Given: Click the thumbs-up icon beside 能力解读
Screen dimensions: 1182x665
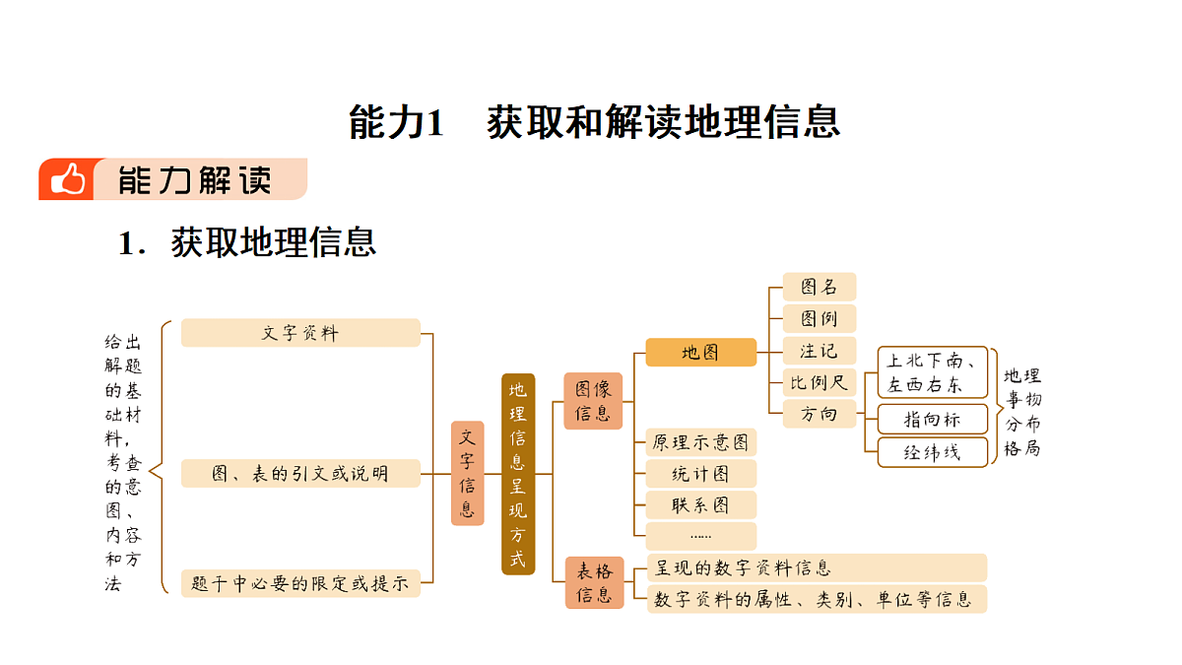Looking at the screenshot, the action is [x=68, y=179].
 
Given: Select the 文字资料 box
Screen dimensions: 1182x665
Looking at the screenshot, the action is [x=300, y=333].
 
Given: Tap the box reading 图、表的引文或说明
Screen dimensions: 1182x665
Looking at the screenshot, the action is [x=300, y=474].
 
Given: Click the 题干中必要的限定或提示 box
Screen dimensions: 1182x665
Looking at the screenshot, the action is [x=300, y=583].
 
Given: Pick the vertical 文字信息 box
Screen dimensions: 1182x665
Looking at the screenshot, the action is [x=468, y=474].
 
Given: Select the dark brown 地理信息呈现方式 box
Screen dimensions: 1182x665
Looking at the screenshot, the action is [x=518, y=474].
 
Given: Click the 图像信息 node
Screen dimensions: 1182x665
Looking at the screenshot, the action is [x=593, y=401].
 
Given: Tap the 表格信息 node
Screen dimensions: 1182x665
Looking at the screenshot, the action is [x=594, y=582].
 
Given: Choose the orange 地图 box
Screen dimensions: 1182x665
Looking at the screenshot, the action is [x=700, y=352].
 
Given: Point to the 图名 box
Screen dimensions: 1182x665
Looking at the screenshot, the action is [x=820, y=287].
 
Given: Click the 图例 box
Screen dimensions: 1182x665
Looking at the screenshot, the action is [x=820, y=318].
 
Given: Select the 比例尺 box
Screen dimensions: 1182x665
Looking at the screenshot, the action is [x=820, y=382].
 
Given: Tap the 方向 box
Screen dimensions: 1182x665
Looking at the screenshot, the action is [x=820, y=414].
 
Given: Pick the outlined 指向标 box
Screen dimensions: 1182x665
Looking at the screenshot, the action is [x=933, y=419].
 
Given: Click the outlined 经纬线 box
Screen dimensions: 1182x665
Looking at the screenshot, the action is [x=933, y=452].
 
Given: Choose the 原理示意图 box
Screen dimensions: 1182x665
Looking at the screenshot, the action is [x=700, y=442].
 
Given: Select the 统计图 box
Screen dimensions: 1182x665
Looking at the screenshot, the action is [x=700, y=474].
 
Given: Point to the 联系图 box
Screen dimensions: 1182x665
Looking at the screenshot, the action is [x=700, y=505].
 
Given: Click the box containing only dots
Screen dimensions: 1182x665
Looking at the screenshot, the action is [x=700, y=536].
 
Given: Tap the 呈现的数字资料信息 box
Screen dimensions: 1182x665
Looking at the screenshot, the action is [x=817, y=567].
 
